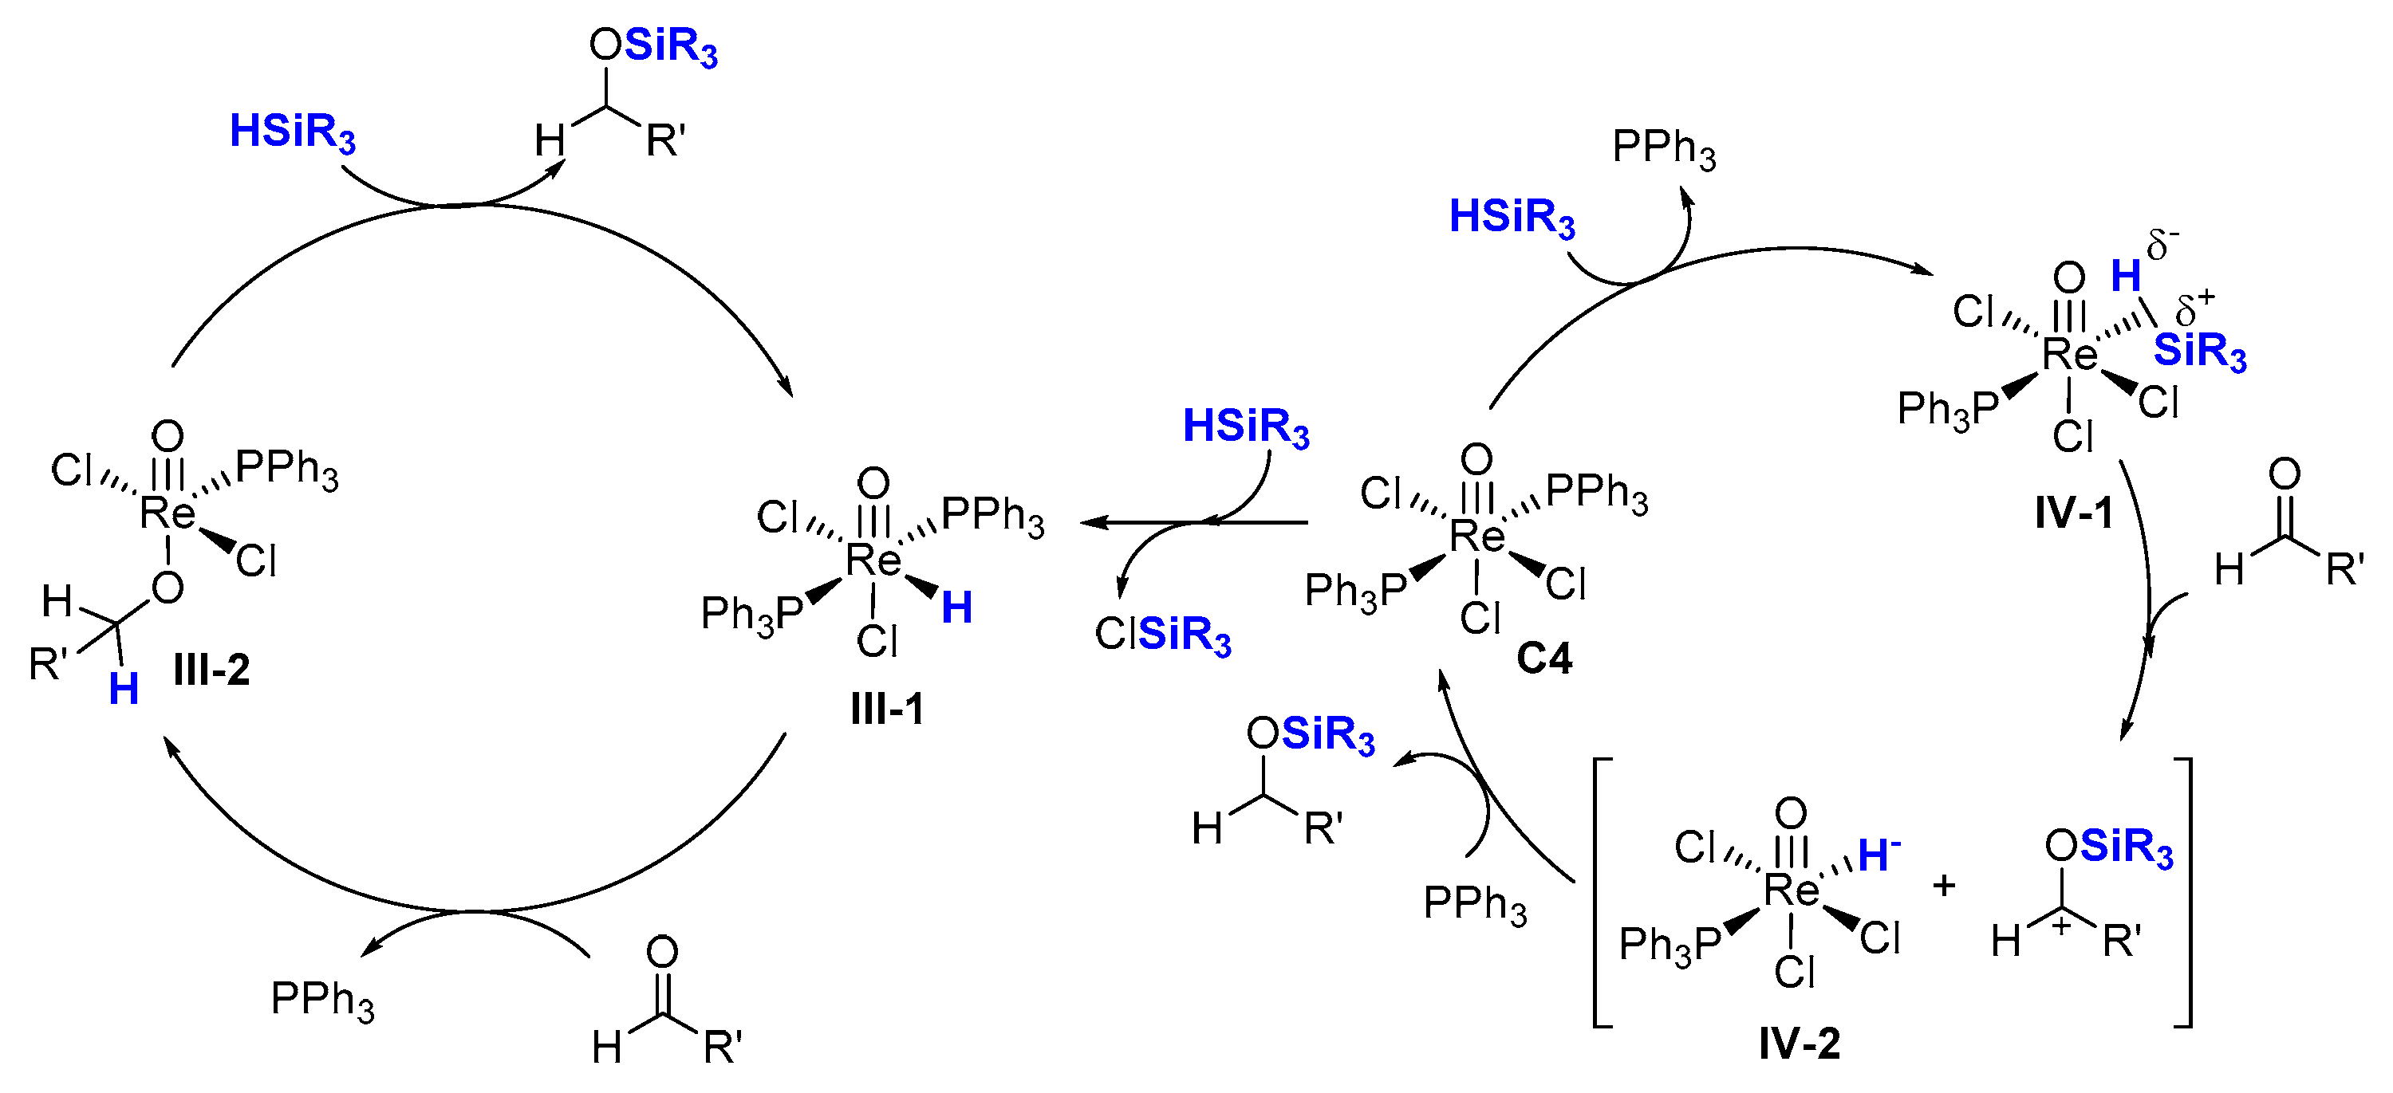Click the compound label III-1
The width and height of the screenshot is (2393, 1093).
click(887, 710)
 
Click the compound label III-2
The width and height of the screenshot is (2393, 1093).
click(212, 670)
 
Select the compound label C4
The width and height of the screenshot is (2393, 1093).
click(1544, 659)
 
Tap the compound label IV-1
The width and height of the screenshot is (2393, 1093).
click(2073, 513)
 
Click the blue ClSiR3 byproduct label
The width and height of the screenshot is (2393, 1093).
click(1163, 635)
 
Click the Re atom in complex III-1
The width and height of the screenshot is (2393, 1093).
click(873, 560)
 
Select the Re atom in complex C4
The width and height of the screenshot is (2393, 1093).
click(1477, 536)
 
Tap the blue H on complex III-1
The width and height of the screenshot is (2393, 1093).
click(957, 608)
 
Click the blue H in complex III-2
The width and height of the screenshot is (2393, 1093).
click(124, 689)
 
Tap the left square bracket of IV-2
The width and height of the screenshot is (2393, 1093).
click(1599, 892)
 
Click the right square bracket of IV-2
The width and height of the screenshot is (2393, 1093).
click(2185, 892)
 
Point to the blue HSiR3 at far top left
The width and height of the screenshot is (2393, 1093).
click(293, 133)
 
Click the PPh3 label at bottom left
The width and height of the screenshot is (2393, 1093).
click(322, 1001)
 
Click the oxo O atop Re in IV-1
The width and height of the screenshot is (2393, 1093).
click(2069, 277)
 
